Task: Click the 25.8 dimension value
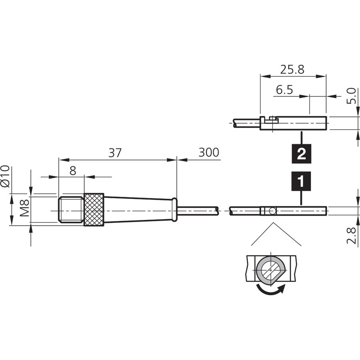pos(292,69)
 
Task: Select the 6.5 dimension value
pos(284,90)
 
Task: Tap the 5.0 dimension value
pos(351,96)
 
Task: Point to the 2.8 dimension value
pos(351,236)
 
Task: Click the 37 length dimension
pos(115,153)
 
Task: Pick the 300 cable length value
pos(209,152)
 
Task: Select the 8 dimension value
pos(73,170)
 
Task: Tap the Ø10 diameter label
pos(5,176)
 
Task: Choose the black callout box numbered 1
pos(301,181)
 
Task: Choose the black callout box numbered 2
pos(301,154)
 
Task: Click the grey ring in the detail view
pos(259,270)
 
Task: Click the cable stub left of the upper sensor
pos(246,123)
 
